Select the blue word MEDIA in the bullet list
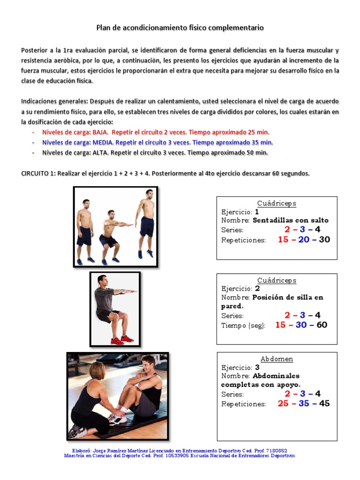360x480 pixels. pyautogui.click(x=103, y=142)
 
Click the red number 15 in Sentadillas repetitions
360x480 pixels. pyautogui.click(x=283, y=240)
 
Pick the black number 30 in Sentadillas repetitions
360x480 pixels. pyautogui.click(x=324, y=240)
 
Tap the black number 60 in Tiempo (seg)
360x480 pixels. pyautogui.click(x=322, y=325)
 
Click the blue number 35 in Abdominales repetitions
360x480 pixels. pyautogui.click(x=304, y=403)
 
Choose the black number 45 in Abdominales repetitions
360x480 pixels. pyautogui.click(x=324, y=403)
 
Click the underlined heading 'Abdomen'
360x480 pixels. pyautogui.click(x=277, y=359)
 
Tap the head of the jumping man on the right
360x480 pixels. pyautogui.click(x=149, y=194)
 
